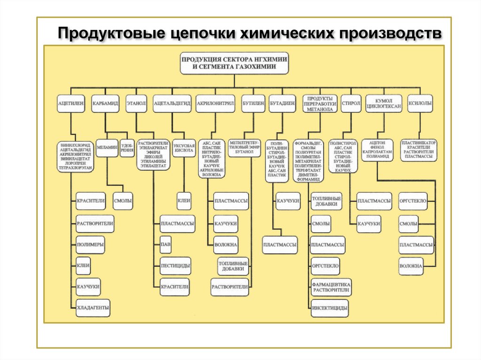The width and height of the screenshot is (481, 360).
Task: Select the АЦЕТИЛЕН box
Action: point(70,103)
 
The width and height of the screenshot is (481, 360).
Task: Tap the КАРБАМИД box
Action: point(105,103)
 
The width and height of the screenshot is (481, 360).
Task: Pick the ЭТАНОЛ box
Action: point(136,103)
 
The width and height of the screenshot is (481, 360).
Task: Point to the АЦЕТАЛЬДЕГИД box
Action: point(172,103)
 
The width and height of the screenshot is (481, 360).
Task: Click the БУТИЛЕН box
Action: point(253,103)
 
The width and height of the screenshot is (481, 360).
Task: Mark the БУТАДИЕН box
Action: point(282,103)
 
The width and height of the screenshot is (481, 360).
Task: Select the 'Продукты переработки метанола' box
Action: point(320,103)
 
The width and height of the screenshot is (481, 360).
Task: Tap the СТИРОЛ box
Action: point(351,103)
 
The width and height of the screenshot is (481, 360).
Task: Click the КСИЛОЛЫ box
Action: point(420,103)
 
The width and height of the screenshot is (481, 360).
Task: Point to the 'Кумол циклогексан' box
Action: point(384,103)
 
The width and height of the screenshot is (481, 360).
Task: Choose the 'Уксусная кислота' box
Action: point(184,148)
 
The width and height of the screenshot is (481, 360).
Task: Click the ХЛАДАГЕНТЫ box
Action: point(93,308)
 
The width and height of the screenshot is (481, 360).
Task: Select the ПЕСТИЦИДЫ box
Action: point(175,266)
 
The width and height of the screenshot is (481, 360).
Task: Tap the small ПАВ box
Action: point(165,245)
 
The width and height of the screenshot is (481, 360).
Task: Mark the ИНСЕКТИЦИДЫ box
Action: point(329,308)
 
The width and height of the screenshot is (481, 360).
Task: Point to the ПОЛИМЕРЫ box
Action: point(90,245)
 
